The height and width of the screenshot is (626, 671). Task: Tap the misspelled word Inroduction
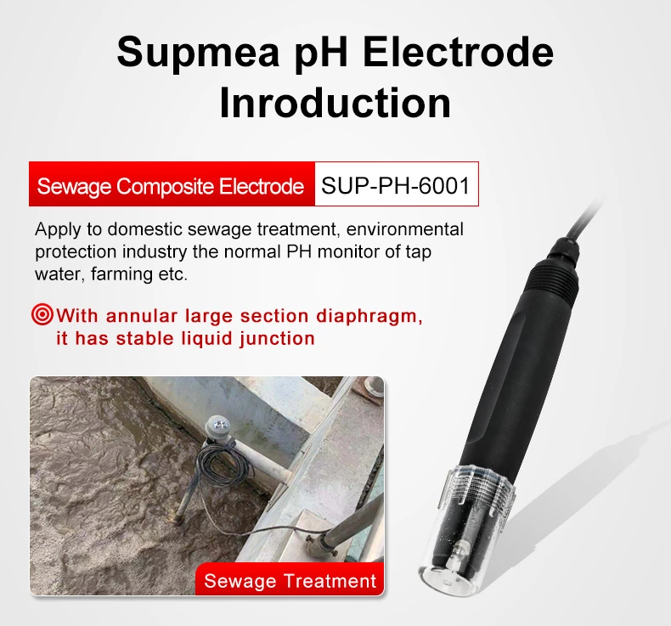coord(335,103)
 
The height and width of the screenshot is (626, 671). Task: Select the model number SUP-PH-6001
coord(396,184)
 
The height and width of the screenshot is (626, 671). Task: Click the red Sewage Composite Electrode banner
coord(171,185)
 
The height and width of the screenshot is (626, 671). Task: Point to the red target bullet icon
coord(42,316)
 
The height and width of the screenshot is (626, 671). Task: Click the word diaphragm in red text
coord(375,316)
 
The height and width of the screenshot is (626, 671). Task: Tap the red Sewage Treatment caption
coord(290,581)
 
